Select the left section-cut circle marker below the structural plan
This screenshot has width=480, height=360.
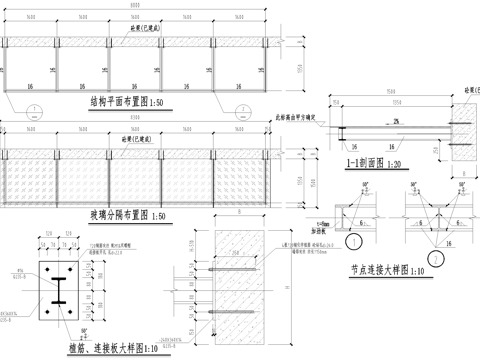pyautogui.click(x=35, y=108)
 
